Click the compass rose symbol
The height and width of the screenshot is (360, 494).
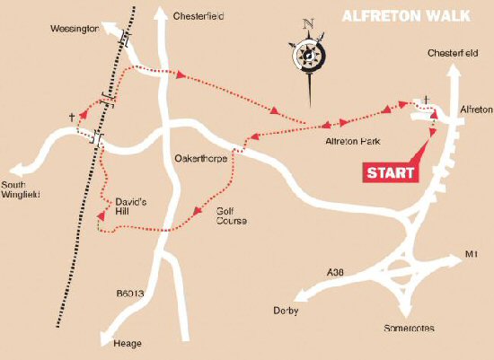click(308, 55)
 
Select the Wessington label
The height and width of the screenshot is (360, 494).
click(75, 29)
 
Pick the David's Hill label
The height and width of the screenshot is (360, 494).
click(130, 207)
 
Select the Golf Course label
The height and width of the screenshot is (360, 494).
click(230, 215)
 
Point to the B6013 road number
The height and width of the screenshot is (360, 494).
click(133, 293)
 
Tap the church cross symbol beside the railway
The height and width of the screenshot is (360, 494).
click(71, 117)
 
